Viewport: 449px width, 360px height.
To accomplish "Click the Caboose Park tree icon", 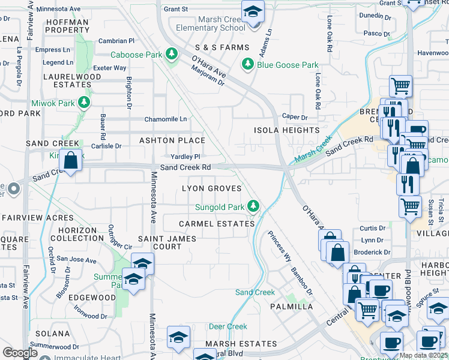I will pos(172,55).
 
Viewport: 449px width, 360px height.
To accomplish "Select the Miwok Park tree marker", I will pos(84,103).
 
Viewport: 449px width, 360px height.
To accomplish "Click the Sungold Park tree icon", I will pos(254,207).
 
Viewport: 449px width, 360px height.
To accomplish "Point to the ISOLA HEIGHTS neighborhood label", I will pos(286,130).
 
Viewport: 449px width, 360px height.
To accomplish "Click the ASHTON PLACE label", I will pos(172,140).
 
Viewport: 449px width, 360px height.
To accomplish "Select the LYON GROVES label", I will pos(212,188).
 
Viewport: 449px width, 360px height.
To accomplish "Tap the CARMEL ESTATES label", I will pos(217,224).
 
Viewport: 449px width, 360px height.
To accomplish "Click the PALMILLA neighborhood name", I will pos(291,307).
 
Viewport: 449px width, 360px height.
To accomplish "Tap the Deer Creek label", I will pos(228,327).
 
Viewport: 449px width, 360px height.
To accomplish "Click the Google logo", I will pos(20,352).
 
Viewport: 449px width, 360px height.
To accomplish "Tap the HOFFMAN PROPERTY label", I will pos(67,26).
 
